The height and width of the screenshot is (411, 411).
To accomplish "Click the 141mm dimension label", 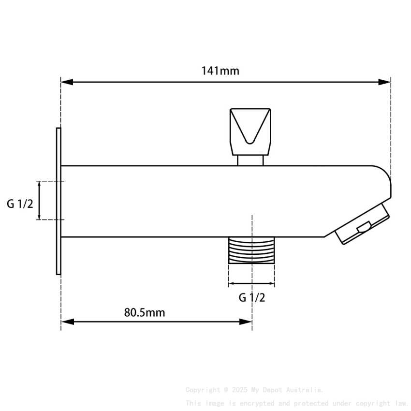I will [x=220, y=71].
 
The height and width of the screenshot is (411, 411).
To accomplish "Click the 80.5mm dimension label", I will [x=144, y=313].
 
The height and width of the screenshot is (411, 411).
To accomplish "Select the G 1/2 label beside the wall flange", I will [x=20, y=204].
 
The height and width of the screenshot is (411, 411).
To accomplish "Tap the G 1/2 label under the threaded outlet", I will [x=252, y=297].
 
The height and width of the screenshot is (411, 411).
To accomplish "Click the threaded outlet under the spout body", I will [x=251, y=250].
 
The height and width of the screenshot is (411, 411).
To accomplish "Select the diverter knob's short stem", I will [x=250, y=160].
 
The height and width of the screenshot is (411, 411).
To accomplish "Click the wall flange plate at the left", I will [x=59, y=201].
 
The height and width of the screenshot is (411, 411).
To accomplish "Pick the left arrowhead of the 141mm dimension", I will [x=67, y=82].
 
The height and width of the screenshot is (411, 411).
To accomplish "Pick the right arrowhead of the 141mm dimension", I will [x=384, y=82].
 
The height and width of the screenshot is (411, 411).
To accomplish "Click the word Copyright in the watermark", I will [x=203, y=390].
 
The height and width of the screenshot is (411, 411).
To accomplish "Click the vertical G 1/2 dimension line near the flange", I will [x=39, y=201].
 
